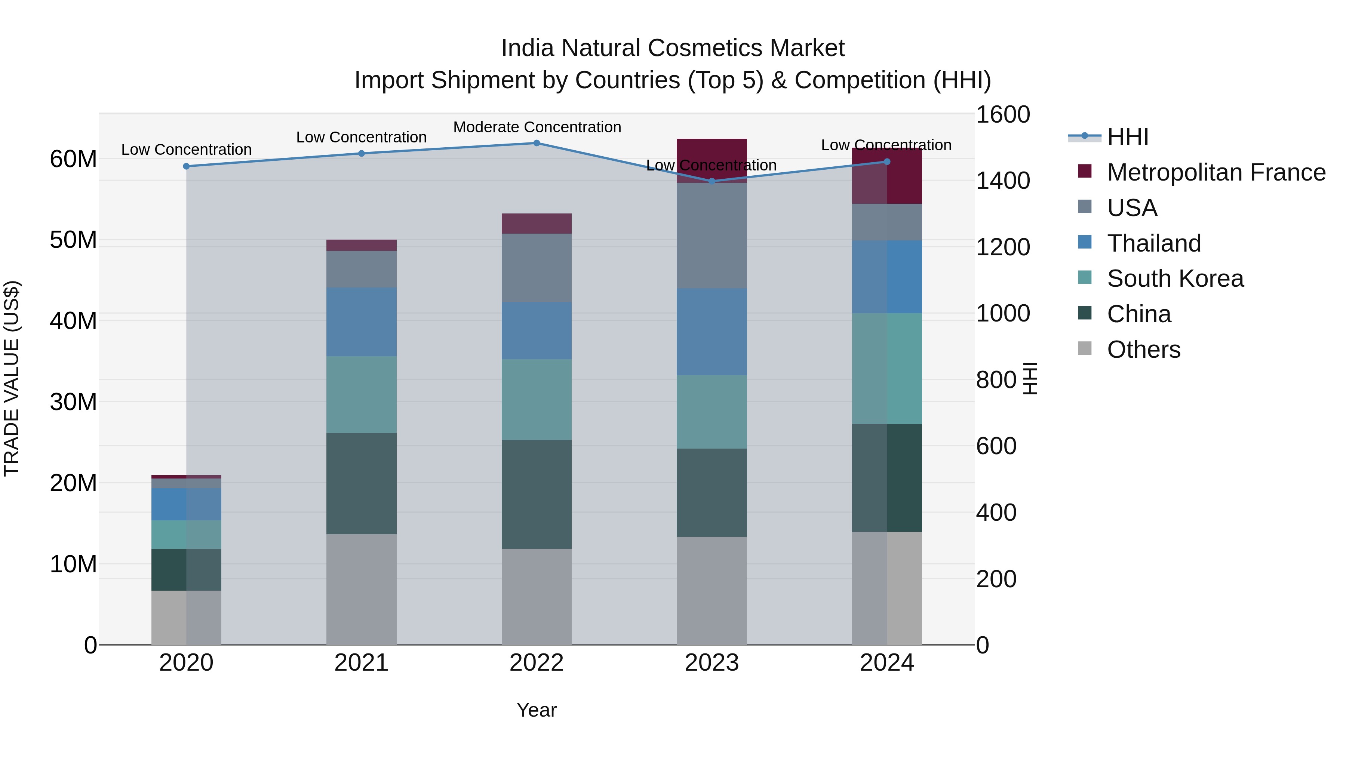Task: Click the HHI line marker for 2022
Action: [536, 143]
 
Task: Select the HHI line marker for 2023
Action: [712, 181]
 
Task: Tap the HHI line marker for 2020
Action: [186, 166]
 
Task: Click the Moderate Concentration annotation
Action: [537, 127]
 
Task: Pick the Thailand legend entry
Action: [1154, 243]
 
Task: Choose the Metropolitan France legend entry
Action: [1216, 172]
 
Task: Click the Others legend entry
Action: [1143, 350]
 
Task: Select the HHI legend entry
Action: [1128, 137]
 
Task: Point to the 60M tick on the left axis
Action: [73, 159]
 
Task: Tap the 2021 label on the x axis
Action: [361, 663]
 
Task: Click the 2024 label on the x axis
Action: [887, 663]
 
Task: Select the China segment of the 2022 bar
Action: [536, 494]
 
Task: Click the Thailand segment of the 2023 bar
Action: [712, 332]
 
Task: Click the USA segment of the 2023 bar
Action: [712, 235]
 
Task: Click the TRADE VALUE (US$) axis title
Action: [12, 378]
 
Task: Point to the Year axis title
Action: [536, 710]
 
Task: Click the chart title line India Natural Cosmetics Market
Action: [673, 48]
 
